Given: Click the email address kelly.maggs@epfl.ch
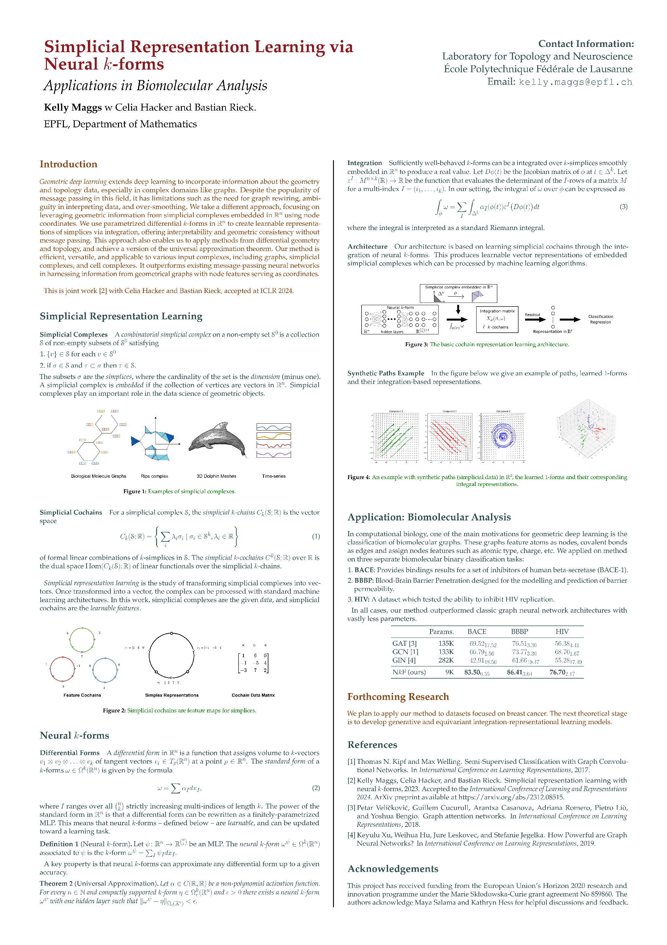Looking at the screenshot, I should tap(575, 82).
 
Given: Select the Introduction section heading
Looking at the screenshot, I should tap(68, 164).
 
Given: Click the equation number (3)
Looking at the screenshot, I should tap(623, 207).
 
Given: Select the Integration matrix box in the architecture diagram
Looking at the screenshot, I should tap(497, 319).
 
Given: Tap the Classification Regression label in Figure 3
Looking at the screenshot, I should tap(600, 319).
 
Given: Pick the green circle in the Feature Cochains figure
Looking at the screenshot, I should tap(82, 640).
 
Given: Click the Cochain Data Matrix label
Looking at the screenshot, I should tap(253, 695).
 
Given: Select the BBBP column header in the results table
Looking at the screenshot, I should tap(520, 632).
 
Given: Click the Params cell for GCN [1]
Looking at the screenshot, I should tap(446, 652).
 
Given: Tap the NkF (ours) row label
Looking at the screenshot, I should tap(409, 673).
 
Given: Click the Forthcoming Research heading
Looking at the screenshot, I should tap(398, 697).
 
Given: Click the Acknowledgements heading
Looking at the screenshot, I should tap(393, 869).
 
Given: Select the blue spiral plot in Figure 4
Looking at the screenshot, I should tap(503, 436).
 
